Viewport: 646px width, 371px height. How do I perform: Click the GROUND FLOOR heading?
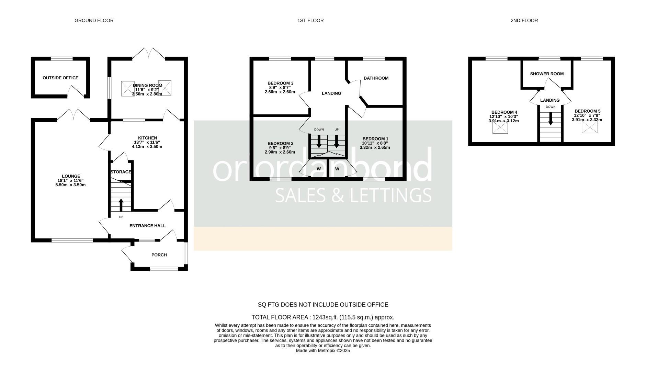coord(94,21)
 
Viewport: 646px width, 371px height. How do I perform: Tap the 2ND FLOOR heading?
coord(524,21)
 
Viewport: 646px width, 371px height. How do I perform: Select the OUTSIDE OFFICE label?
coord(60,78)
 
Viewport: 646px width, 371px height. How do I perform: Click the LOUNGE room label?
coord(71,176)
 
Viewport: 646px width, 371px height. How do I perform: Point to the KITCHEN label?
coord(147,138)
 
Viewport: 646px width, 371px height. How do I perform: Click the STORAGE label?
coord(121,172)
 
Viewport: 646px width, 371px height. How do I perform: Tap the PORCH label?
coord(159,255)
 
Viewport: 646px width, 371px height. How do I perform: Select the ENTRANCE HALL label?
coord(147,226)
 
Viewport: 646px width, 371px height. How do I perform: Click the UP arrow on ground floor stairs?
coord(121,205)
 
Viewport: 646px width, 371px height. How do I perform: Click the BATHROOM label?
coord(376,78)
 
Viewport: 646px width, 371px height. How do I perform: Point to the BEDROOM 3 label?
coord(280,83)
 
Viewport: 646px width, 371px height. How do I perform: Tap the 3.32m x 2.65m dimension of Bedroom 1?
coord(375,147)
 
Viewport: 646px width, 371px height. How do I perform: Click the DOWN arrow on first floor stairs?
coord(319,141)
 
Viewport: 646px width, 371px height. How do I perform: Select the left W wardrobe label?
coord(319,169)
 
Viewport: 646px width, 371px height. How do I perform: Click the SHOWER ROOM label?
coord(547,74)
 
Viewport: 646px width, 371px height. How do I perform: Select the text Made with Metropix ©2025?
coord(323,351)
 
